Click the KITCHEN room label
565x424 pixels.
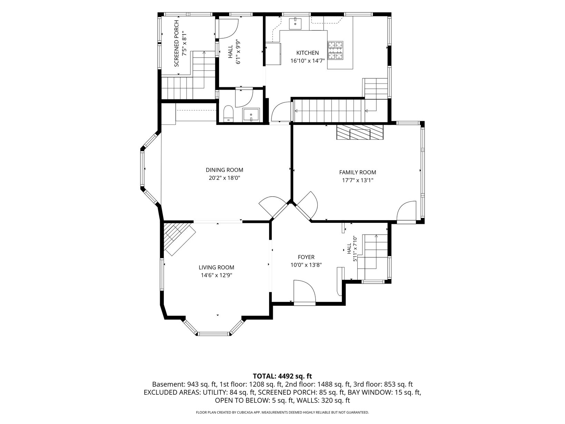(307, 53)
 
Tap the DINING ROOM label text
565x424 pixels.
(224, 170)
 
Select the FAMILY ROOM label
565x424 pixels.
(357, 172)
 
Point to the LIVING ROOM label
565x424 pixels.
(216, 267)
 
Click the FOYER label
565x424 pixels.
(306, 257)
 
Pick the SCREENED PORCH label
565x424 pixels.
(176, 43)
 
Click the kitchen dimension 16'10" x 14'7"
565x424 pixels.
(307, 61)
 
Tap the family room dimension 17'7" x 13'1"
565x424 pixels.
(357, 180)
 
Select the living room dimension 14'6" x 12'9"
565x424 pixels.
(216, 275)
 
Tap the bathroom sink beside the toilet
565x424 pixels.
(251, 115)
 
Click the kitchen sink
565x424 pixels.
(295, 24)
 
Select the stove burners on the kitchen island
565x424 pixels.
(335, 50)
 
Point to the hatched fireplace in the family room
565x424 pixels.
(359, 132)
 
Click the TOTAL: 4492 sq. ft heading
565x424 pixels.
(282, 376)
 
